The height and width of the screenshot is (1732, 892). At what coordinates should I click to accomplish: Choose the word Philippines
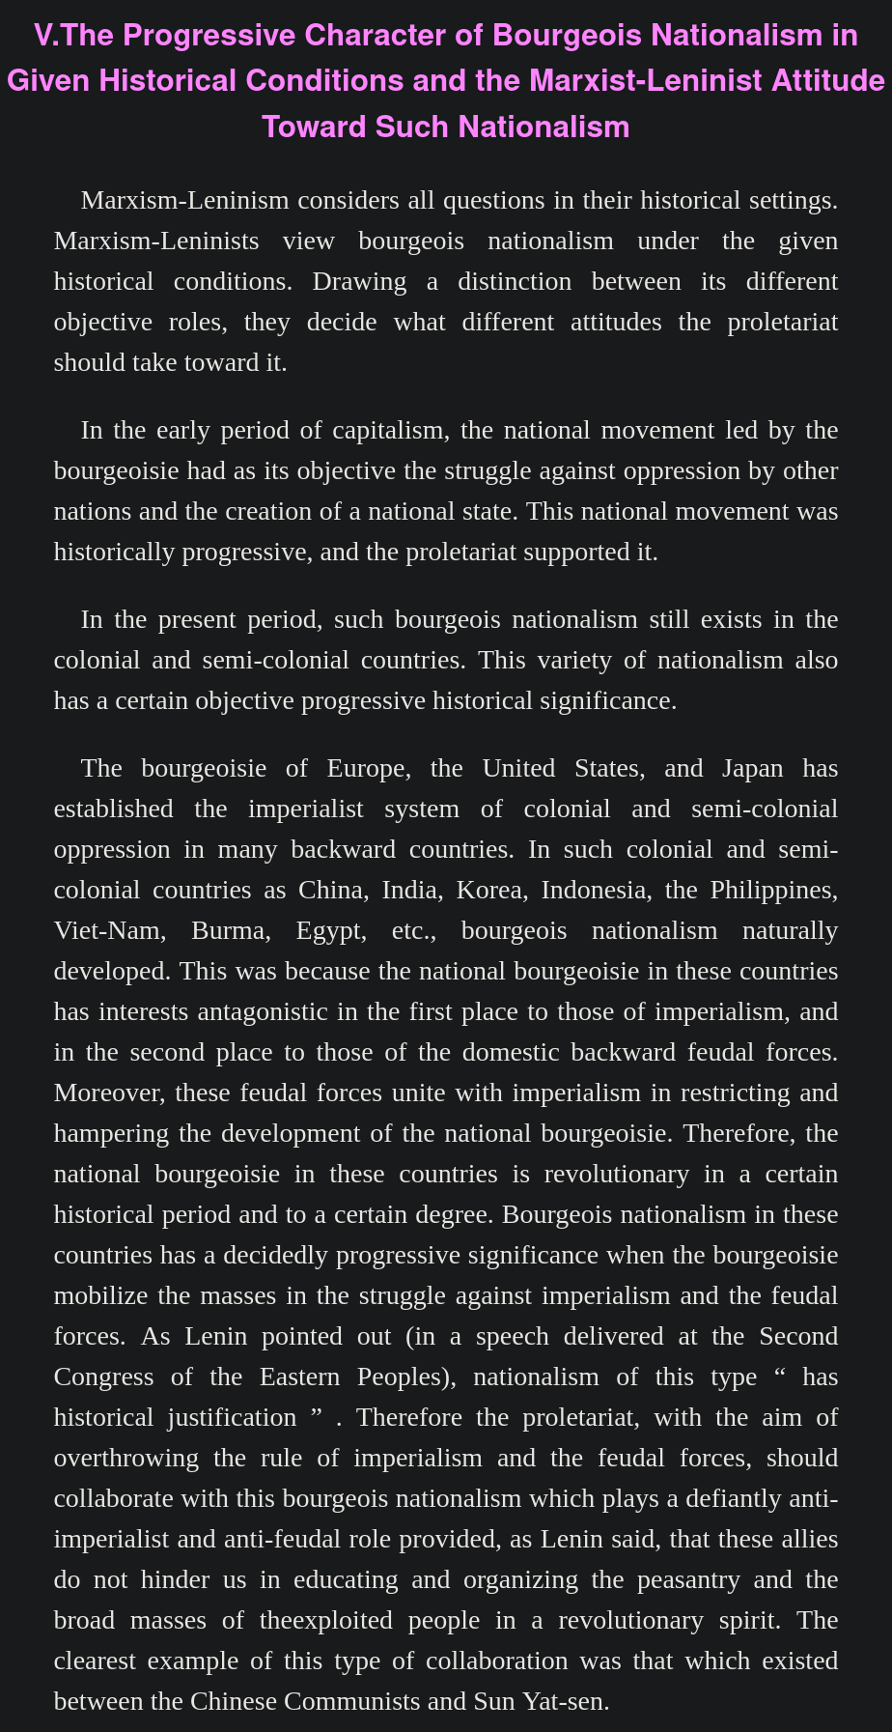(x=773, y=890)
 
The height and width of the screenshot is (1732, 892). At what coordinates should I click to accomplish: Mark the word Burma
(x=227, y=930)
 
